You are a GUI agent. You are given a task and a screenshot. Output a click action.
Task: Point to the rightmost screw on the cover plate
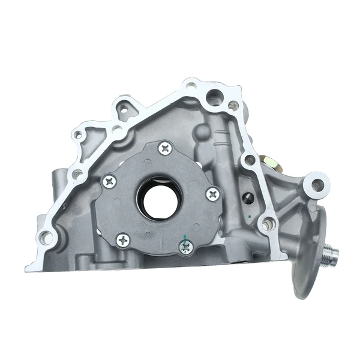[x=211, y=193]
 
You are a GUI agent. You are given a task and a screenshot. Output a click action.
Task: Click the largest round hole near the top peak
[x=214, y=96]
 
